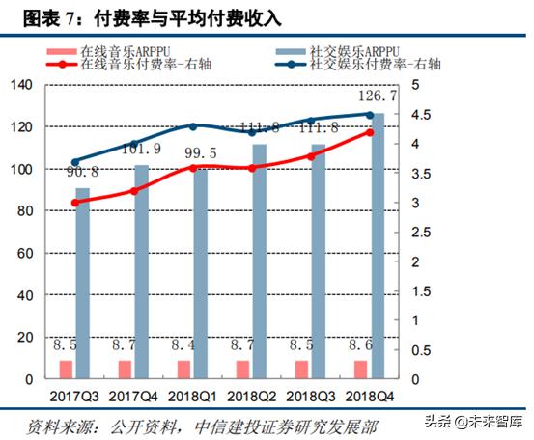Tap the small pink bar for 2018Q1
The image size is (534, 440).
point(183,370)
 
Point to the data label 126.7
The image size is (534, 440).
point(372,97)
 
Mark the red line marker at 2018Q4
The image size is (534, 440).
point(370,132)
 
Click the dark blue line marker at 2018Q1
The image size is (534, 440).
point(192,126)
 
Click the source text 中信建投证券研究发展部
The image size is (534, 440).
point(294,426)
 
